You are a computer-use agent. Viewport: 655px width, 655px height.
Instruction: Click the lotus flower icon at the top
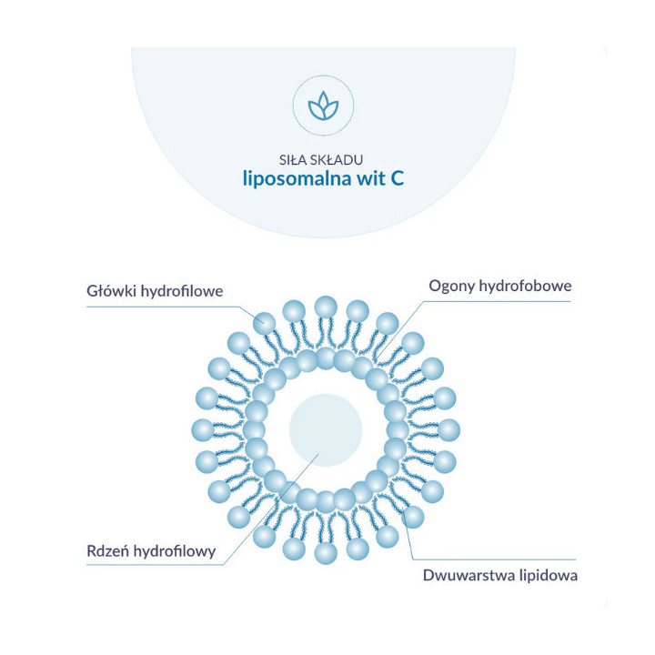pos(323,106)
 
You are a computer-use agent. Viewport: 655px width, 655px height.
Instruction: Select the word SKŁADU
pos(337,160)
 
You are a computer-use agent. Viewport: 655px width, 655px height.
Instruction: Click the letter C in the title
pos(397,179)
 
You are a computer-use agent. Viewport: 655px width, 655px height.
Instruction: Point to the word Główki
pos(112,291)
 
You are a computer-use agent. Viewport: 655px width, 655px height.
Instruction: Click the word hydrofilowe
pos(182,291)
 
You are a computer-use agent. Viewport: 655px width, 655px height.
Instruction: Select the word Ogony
pos(452,287)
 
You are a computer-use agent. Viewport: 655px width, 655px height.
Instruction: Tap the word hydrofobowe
pos(525,286)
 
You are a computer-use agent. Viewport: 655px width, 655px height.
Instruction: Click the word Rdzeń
pos(108,551)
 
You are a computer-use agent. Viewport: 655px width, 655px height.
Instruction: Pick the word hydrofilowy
pos(175,551)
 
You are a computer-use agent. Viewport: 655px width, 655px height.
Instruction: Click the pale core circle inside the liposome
pos(326,429)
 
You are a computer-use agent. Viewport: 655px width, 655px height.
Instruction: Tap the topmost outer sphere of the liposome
pos(326,307)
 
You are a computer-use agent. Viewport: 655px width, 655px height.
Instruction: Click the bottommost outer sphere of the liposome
pos(326,553)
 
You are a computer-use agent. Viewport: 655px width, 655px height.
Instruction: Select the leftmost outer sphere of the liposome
pos(203,429)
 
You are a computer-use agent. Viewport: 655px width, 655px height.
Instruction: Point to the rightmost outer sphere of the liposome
pos(448,429)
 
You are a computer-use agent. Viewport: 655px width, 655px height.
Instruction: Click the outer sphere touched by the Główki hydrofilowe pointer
pos(265,323)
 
